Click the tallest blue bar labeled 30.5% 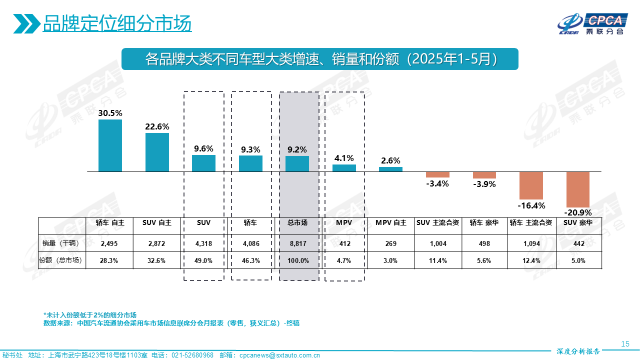(110, 145)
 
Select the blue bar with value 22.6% (157, 152)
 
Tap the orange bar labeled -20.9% (577, 189)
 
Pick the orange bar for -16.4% (531, 185)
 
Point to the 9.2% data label (297, 149)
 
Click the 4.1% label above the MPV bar (344, 158)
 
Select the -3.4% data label (437, 183)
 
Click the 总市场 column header (297, 223)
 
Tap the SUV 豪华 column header (578, 223)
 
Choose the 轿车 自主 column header (109, 223)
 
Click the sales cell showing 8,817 (297, 243)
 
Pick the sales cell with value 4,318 (203, 243)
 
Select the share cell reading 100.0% (297, 260)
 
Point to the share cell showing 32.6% (156, 260)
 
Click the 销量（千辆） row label (62, 243)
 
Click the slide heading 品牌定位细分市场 (117, 23)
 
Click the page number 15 (624, 343)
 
